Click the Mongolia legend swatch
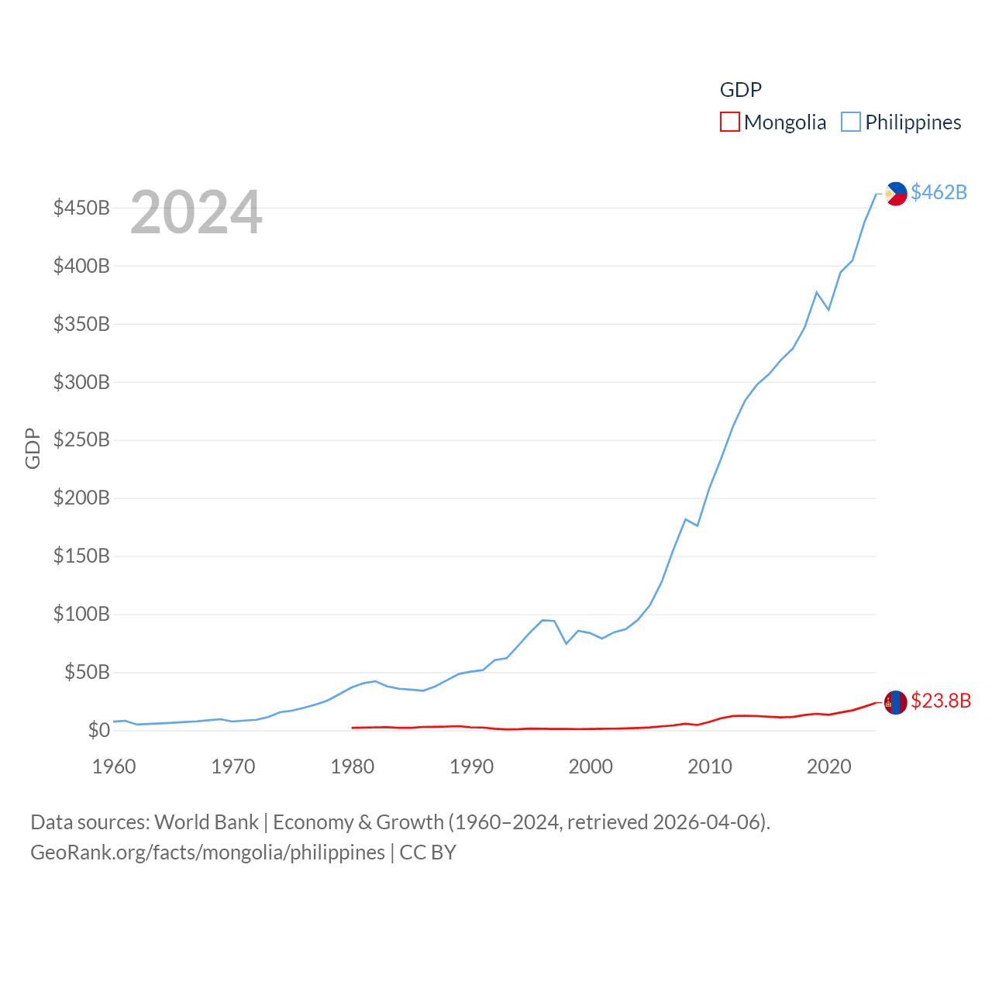pos(729,122)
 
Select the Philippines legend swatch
pos(851,122)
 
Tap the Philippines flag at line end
pos(896,193)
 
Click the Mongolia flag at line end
pos(896,702)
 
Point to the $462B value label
pos(939,192)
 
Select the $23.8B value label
pos(940,701)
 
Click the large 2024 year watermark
pos(196,212)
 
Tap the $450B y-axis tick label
pos(81,208)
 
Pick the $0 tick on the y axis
pos(98,730)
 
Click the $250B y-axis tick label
pos(81,440)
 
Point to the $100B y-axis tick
pos(81,615)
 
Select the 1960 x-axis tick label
pos(114,766)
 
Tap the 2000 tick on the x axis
pos(591,766)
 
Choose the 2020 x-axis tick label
pos(829,766)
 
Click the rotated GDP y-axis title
pos(33,448)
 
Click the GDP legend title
pos(740,90)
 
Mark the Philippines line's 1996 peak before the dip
pos(542,620)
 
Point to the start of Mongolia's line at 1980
pos(353,728)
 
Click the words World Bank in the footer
pos(206,821)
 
